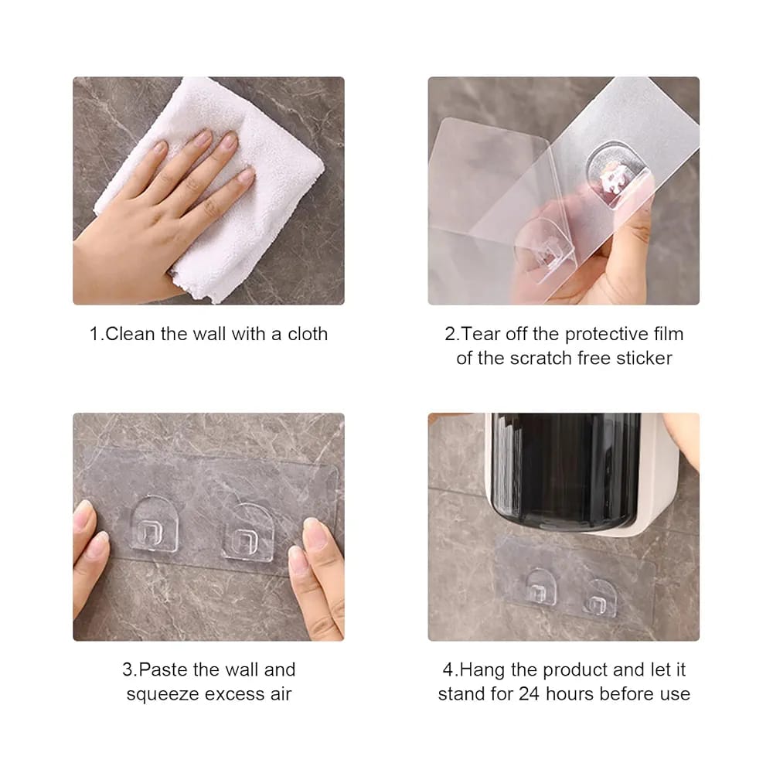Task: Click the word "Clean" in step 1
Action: tap(130, 334)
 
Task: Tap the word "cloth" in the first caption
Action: tap(308, 334)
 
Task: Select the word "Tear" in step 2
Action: tap(481, 334)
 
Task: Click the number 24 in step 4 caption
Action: tap(529, 693)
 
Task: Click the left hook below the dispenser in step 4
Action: tap(540, 587)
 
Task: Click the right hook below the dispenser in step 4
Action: tap(599, 598)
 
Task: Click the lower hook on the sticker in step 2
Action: tap(543, 251)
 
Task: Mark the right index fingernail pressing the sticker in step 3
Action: tap(316, 532)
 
